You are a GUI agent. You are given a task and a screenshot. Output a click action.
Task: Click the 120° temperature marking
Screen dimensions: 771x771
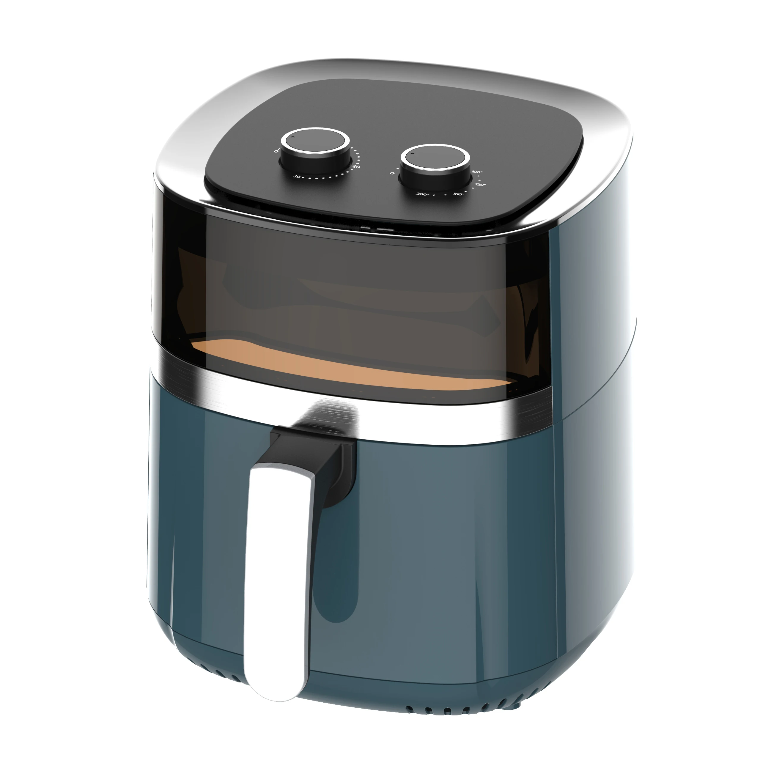click(x=480, y=185)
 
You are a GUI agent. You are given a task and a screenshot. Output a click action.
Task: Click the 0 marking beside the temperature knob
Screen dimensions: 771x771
click(x=392, y=173)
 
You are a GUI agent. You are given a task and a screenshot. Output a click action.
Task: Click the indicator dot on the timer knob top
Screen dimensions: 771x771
click(x=292, y=137)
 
